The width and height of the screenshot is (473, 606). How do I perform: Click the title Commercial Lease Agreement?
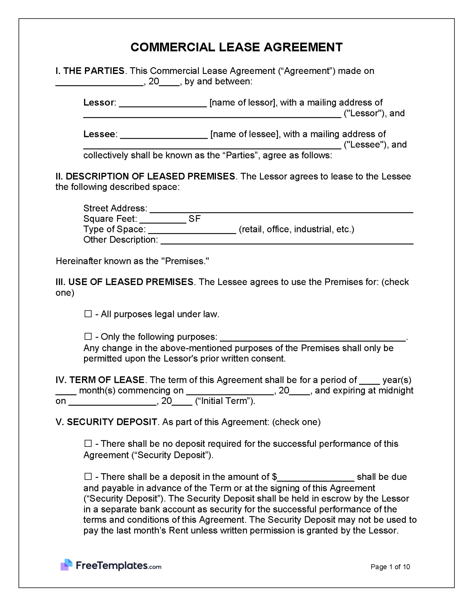click(x=236, y=47)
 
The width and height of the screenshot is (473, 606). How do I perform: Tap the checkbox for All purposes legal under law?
click(x=88, y=314)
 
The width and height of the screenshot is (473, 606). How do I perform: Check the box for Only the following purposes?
click(x=88, y=336)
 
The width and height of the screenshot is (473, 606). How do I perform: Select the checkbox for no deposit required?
click(x=88, y=443)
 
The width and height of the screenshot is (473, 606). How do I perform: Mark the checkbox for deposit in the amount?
click(x=88, y=476)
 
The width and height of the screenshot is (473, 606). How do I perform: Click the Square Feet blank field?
click(x=163, y=220)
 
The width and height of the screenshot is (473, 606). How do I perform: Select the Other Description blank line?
click(x=287, y=241)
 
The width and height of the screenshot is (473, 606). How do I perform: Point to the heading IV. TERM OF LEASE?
click(x=100, y=380)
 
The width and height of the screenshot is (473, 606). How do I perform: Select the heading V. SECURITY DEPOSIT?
click(x=106, y=422)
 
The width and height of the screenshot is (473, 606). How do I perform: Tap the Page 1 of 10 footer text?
click(x=390, y=567)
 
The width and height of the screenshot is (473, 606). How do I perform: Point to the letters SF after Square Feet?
click(x=194, y=219)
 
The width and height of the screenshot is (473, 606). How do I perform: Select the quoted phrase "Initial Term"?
click(x=225, y=401)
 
